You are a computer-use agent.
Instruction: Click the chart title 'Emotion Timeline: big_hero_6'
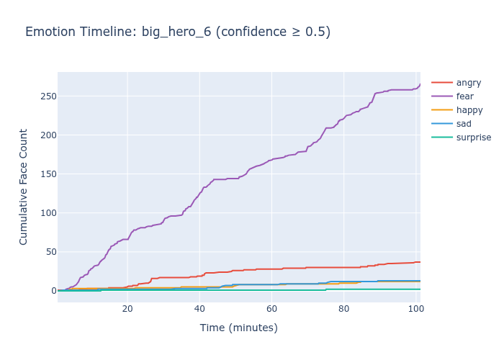coord(178,32)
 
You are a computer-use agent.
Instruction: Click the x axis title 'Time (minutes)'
coord(238,328)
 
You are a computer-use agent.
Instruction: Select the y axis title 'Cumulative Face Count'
coord(24,186)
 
